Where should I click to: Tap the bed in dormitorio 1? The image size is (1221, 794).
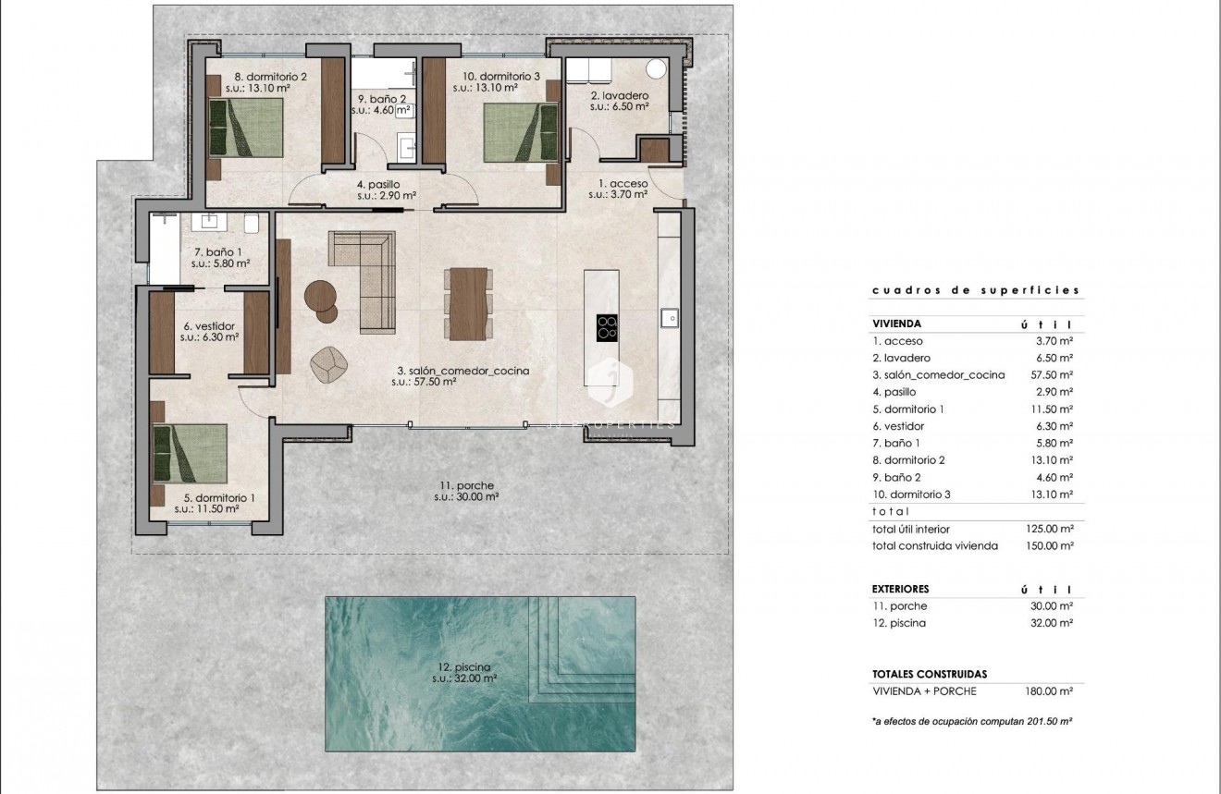click(190, 453)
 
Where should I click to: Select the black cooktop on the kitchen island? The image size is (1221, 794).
click(608, 327)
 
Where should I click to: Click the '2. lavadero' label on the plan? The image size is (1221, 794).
click(619, 96)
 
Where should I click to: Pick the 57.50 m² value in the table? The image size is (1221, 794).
click(1054, 375)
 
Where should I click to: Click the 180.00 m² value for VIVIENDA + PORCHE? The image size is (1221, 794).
click(1054, 690)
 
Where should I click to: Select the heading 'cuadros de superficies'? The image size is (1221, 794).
click(976, 290)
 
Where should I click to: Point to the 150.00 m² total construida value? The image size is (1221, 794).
click(1054, 545)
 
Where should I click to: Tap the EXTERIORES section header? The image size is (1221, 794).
click(900, 589)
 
